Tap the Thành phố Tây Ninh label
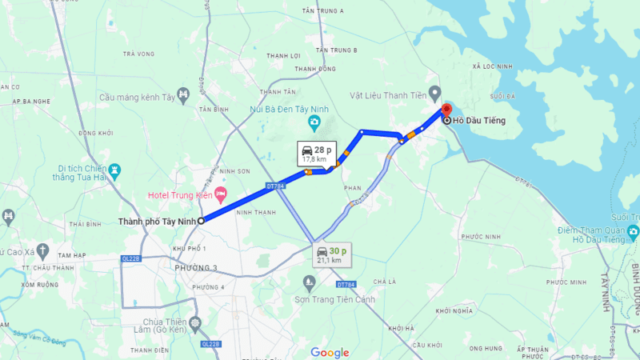click(157, 221)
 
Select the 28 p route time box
click(314, 153)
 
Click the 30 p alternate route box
click(331, 254)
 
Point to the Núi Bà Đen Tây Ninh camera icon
click(315, 123)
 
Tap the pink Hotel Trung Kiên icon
click(220, 195)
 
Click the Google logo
click(330, 352)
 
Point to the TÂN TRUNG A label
click(323, 10)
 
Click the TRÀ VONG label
click(138, 54)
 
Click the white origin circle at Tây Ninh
click(202, 220)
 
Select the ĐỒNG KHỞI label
click(96, 133)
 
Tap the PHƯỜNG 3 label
click(195, 267)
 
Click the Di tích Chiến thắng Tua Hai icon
click(116, 170)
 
